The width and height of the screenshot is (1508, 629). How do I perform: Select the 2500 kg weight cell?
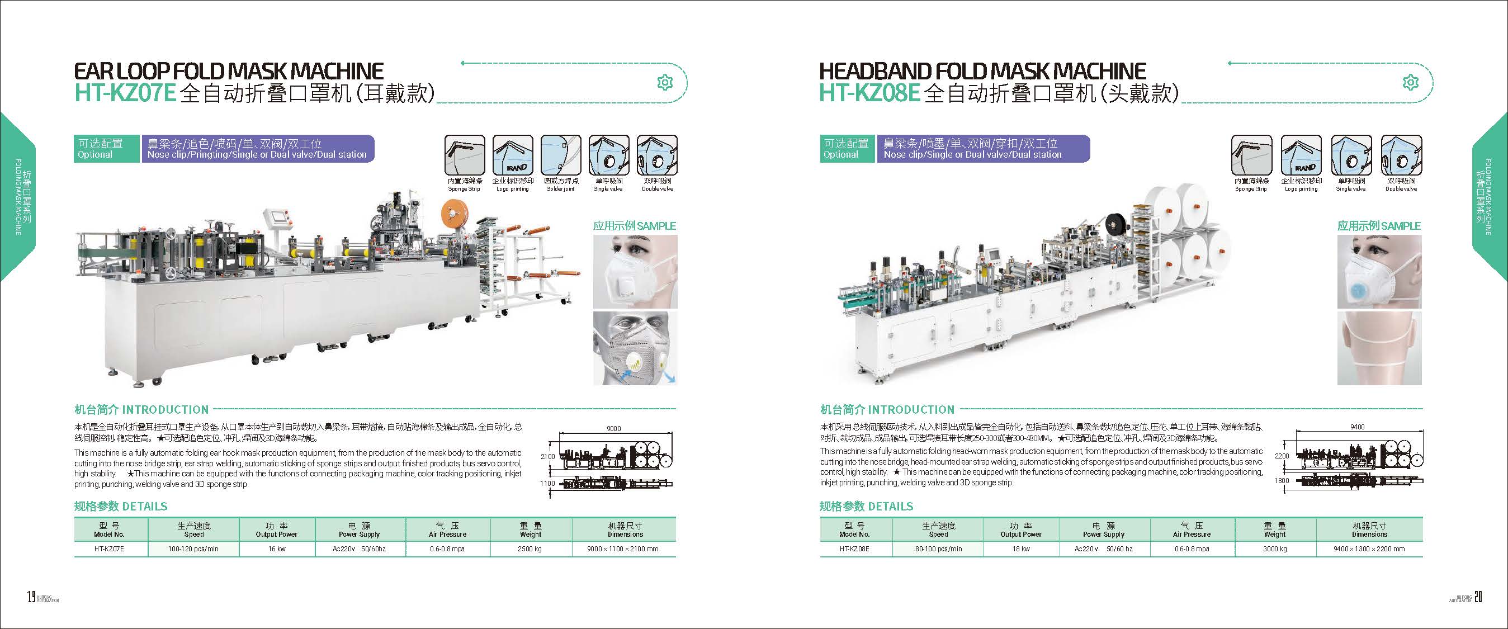point(530,549)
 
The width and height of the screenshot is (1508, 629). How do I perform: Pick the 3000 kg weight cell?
point(1274,549)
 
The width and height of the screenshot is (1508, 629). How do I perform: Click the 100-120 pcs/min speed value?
point(194,549)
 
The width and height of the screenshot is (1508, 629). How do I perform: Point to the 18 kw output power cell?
point(1020,549)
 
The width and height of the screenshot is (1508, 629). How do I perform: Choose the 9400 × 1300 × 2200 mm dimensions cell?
point(1369,549)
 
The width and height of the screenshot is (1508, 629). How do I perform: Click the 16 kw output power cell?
point(276,549)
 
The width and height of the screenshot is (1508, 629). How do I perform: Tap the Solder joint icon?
point(561,155)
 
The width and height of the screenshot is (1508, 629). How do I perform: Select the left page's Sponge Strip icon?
point(464,155)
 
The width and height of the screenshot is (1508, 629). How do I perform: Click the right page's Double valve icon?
point(1401,155)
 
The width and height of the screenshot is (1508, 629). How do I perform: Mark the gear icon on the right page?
point(1411,83)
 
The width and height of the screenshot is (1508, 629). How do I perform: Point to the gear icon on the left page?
point(664,83)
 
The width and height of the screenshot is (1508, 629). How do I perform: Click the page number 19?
point(31,597)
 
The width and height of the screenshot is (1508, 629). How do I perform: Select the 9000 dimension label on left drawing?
point(613,429)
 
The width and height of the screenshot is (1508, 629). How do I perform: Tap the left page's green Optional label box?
point(107,149)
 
